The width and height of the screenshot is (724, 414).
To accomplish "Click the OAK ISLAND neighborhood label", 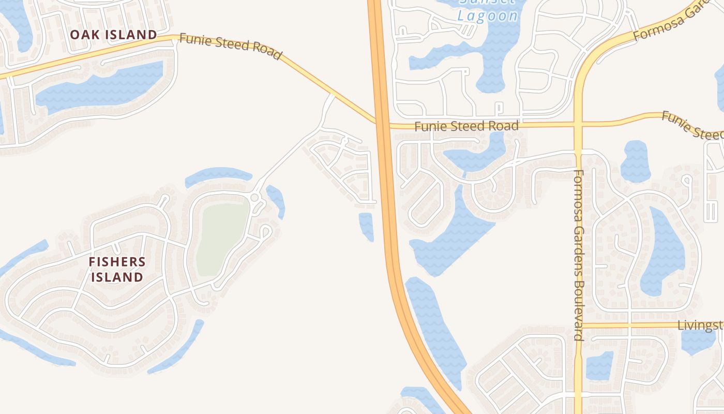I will [x=113, y=35].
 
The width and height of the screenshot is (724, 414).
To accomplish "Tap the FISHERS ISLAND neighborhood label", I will [x=117, y=269].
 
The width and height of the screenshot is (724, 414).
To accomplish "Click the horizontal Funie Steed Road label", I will [x=466, y=126].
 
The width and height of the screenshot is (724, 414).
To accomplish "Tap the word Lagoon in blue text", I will [x=488, y=16].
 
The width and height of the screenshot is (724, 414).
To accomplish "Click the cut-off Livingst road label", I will [x=700, y=325].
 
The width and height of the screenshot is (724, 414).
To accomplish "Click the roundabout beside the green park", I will [x=254, y=198].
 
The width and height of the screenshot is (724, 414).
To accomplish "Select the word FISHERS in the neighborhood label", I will [x=117, y=262].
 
